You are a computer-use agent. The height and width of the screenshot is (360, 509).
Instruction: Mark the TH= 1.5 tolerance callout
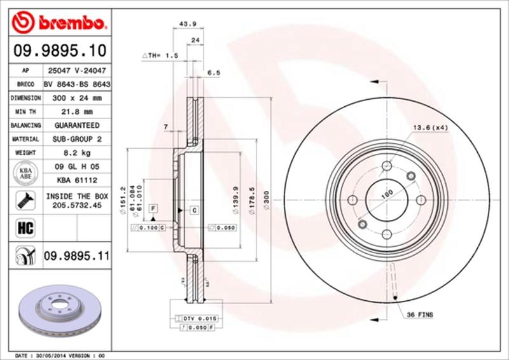click(158, 56)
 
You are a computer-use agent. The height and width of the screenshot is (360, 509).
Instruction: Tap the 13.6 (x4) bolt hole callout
click(431, 127)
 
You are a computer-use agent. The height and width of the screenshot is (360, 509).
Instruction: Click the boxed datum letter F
click(153, 209)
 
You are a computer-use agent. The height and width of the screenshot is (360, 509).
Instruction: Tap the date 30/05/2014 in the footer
click(50, 355)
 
